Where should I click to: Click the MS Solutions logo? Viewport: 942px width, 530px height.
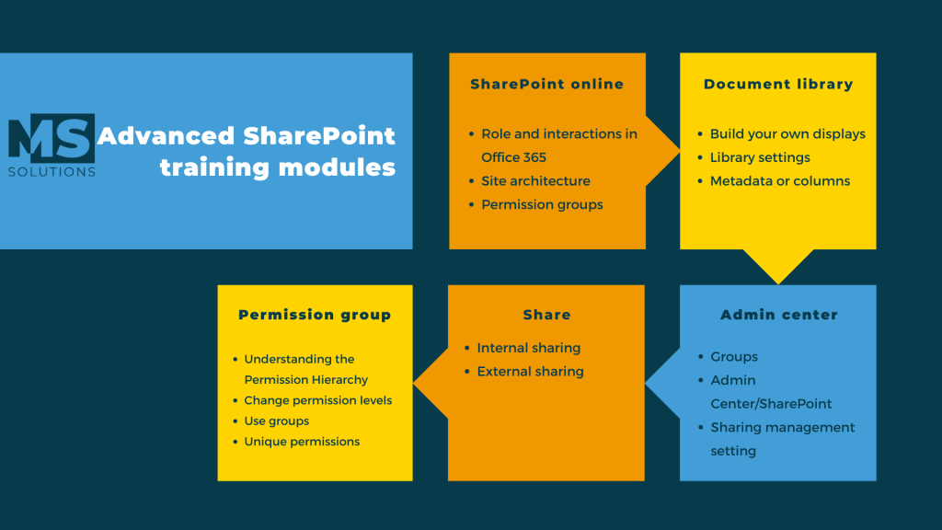coord(52,145)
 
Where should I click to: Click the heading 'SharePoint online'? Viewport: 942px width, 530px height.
coord(546,84)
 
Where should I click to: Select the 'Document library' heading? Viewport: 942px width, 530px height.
coord(778,84)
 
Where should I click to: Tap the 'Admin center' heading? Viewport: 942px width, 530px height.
coord(778,315)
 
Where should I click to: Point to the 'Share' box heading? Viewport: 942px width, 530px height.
coord(546,315)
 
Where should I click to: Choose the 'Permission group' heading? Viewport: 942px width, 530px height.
coord(315,315)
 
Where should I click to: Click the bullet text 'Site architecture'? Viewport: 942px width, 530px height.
coord(535,181)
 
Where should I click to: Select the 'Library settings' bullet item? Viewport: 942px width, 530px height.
coord(760,157)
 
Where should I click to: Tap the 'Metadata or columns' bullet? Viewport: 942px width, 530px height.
coord(780,181)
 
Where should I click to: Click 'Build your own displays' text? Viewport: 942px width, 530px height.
coord(787,134)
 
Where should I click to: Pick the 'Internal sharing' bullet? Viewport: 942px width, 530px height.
coord(529,348)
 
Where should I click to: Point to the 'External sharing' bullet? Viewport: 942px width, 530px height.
coord(530,372)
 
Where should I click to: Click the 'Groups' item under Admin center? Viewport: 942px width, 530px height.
coord(734,357)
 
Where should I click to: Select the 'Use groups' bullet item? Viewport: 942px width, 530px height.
coord(276,421)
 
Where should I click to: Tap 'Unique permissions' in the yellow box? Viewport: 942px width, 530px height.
coord(302,442)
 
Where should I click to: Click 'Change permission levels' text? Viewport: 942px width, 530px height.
coord(317,400)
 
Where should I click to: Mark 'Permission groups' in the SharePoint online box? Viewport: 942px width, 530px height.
coord(542,205)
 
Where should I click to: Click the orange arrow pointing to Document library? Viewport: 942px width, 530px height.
coord(662,151)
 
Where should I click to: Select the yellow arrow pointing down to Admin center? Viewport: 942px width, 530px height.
coord(778,266)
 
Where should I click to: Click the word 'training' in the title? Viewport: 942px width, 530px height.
coord(213,167)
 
